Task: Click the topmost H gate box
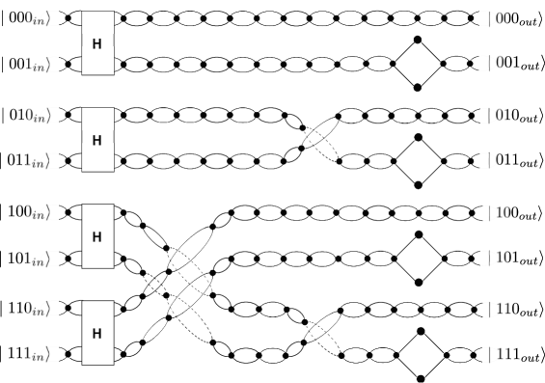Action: coord(97,43)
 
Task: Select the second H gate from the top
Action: coord(97,140)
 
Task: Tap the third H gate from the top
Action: coord(97,236)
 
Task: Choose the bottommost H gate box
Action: coord(97,333)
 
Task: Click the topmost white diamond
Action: coord(418,64)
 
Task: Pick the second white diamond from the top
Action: coord(418,161)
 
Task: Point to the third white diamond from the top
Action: coord(419,259)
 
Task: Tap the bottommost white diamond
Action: coord(421,355)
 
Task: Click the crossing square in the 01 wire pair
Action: coord(319,133)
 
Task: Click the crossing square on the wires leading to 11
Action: coord(321,326)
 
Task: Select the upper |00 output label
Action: coord(493,17)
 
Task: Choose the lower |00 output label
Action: coord(493,63)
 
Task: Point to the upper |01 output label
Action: coord(493,115)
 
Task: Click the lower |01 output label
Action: coord(493,160)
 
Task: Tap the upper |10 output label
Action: coord(495,213)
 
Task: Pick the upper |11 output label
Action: coord(495,310)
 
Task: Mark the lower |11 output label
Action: coord(495,354)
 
